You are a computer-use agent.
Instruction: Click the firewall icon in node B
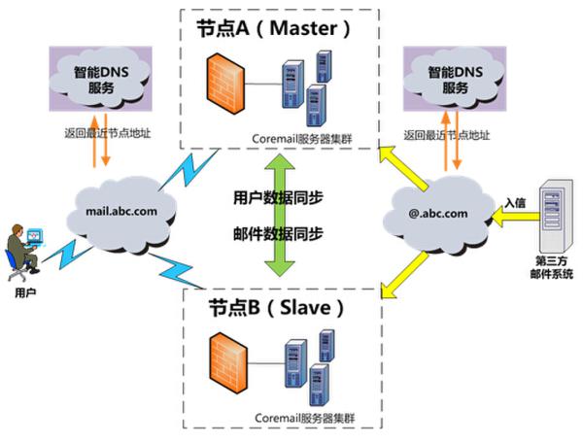pyautogui.click(x=226, y=368)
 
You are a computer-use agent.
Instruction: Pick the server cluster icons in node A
pyautogui.click(x=300, y=87)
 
